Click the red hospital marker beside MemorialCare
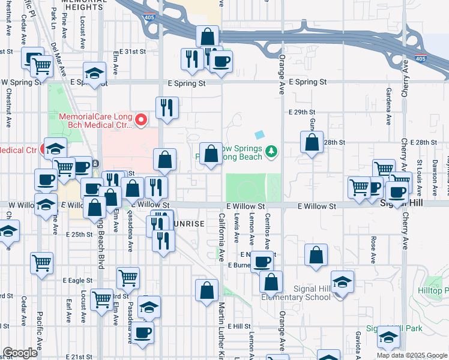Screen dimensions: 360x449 (x=142, y=121)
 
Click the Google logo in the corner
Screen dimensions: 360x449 (x=20, y=353)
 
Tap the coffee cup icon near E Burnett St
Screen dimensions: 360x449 (x=262, y=262)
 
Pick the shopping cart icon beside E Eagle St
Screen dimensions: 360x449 (x=128, y=277)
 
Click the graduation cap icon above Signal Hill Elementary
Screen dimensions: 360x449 (x=342, y=281)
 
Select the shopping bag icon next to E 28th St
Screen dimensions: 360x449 (x=312, y=143)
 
